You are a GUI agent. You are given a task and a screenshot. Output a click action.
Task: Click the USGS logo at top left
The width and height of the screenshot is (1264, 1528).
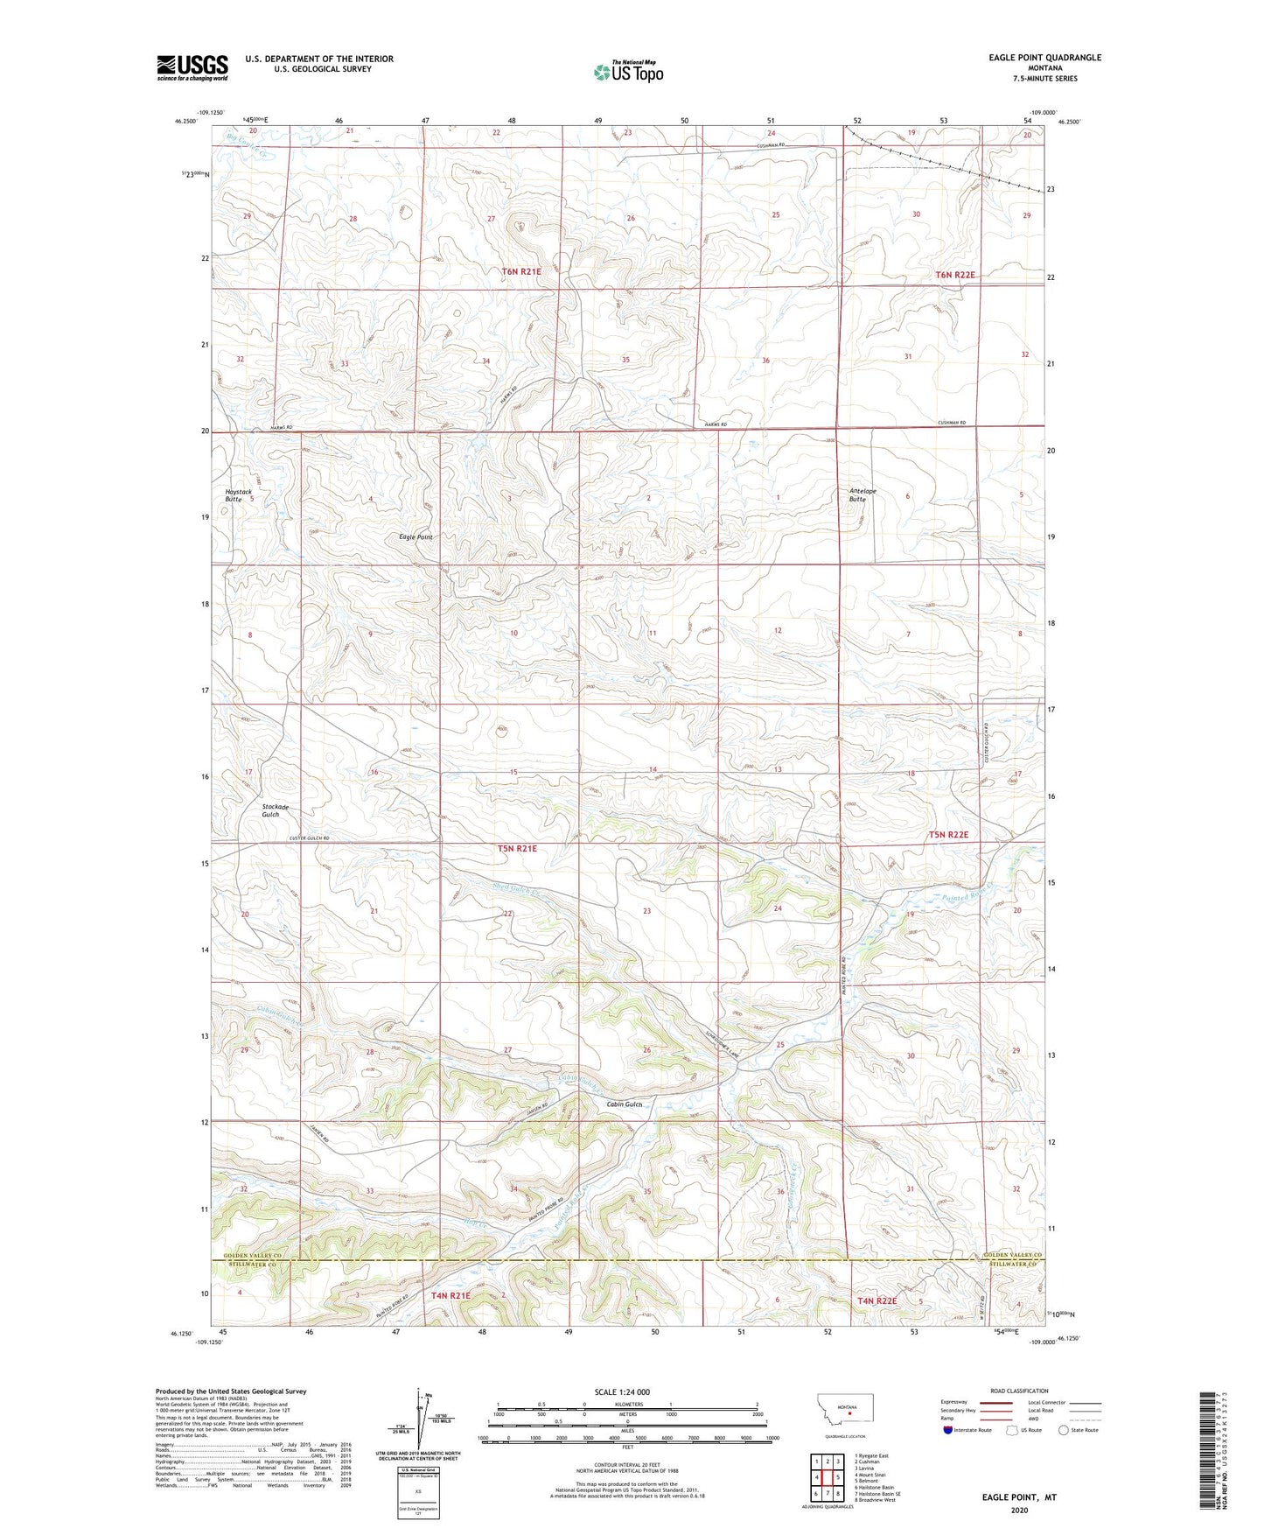[x=192, y=67]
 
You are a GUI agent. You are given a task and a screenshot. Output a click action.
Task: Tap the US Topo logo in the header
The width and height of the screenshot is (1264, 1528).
[x=628, y=72]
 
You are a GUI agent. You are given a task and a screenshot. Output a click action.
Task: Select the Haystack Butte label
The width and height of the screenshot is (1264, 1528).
[x=238, y=495]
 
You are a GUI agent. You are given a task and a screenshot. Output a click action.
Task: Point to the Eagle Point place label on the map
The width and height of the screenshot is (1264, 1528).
[x=416, y=537]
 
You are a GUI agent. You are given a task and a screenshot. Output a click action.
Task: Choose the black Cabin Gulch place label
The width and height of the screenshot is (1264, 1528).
[x=625, y=1104]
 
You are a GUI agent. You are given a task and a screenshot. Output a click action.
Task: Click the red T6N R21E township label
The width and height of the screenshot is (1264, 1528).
[x=521, y=272]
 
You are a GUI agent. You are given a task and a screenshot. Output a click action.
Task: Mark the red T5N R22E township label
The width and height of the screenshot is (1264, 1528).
[x=948, y=835]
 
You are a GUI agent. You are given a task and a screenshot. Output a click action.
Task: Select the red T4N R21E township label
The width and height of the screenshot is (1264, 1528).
[x=450, y=1295]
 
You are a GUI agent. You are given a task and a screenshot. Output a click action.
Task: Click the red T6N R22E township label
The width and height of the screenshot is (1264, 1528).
[x=955, y=275]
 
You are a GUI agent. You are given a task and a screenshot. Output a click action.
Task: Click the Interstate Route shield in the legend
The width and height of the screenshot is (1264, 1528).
[x=948, y=1431]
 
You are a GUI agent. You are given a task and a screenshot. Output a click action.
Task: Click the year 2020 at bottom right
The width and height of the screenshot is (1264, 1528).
[x=1018, y=1510]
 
